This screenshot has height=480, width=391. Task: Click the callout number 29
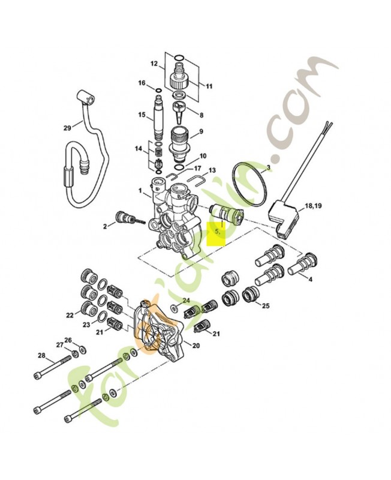(67, 128)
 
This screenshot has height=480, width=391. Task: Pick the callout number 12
(154, 64)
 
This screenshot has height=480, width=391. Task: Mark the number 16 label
(142, 83)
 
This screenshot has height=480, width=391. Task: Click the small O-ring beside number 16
(158, 91)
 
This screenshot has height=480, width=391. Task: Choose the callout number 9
(201, 131)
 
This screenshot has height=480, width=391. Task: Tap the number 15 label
(142, 115)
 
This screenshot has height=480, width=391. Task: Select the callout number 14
(139, 148)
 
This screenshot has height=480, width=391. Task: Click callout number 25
(266, 305)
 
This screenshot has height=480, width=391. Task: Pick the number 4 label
(311, 280)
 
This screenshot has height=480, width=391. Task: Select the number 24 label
(186, 300)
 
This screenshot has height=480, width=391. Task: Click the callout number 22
(70, 314)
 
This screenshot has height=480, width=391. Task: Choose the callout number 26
(68, 340)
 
